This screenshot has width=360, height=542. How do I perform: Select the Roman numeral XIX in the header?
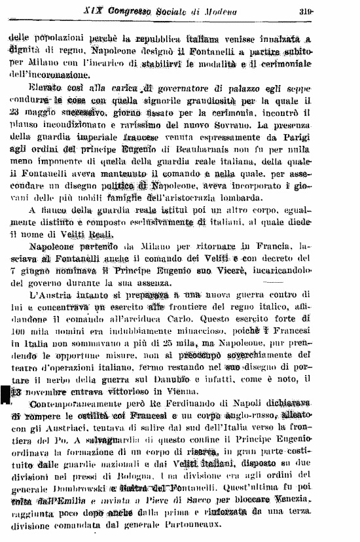click(93, 10)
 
